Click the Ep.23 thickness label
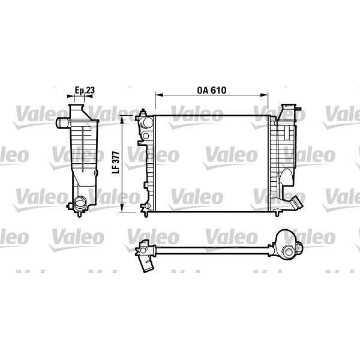[84, 91]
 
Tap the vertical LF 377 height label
[116, 161]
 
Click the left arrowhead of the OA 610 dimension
[158, 95]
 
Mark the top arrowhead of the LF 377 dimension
[123, 119]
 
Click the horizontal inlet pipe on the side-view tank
[63, 124]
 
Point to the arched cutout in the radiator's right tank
[287, 176]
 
